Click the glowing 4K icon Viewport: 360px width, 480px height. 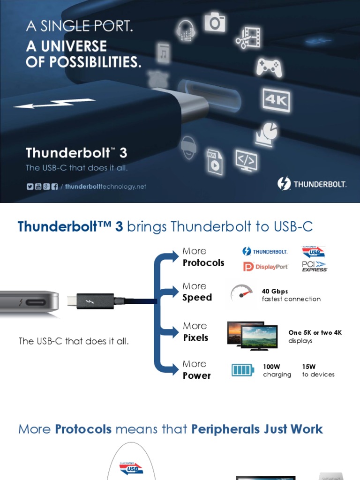(276, 100)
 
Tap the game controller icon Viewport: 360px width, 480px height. (268, 67)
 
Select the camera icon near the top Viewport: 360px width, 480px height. (215, 22)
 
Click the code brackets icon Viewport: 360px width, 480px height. (246, 160)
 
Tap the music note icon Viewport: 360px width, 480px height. (163, 54)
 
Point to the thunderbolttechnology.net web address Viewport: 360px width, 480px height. (105, 187)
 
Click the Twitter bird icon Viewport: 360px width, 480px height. (30, 187)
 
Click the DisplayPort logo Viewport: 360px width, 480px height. (265, 267)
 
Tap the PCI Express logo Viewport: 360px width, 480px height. (314, 267)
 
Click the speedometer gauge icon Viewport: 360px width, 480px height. (241, 294)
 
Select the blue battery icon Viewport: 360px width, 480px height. (243, 370)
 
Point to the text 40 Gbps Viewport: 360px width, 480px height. (275, 291)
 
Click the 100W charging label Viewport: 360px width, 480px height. (277, 370)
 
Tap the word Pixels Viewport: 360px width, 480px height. (195, 337)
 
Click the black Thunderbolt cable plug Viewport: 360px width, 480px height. (95, 301)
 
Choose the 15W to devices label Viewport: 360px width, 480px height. (318, 370)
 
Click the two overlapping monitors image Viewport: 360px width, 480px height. (252, 336)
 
